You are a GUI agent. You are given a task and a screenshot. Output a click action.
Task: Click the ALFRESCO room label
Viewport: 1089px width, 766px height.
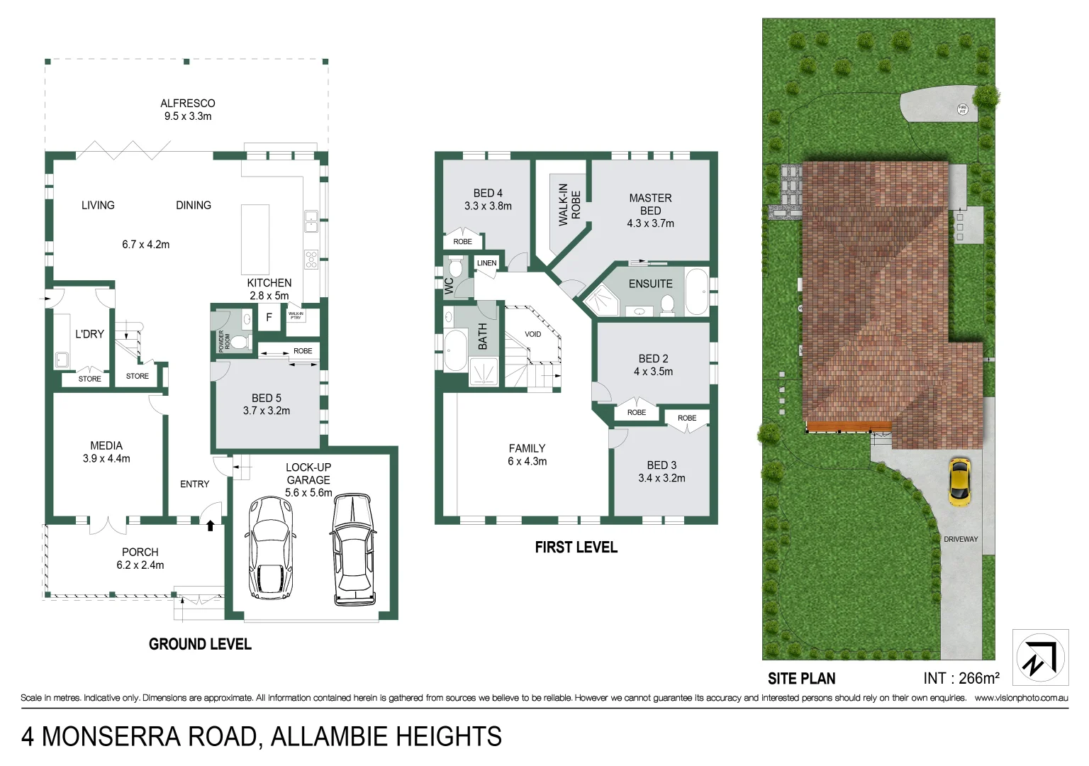click(x=187, y=104)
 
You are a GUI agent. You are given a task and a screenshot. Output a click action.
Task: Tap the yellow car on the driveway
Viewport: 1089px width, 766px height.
click(x=959, y=482)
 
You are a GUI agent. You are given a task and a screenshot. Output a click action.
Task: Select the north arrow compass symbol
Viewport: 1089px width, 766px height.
click(x=1040, y=657)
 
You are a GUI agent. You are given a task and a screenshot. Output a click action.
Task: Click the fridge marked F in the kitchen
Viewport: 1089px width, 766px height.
click(x=269, y=318)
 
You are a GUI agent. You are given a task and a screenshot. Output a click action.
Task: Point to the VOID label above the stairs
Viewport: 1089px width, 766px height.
click(x=532, y=334)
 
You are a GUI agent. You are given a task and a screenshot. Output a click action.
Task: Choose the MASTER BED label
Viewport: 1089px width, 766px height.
click(x=650, y=204)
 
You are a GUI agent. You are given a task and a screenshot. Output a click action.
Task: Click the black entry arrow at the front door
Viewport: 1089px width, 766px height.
click(x=210, y=526)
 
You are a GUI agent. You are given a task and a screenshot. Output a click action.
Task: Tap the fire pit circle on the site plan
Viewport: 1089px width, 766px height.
click(x=963, y=109)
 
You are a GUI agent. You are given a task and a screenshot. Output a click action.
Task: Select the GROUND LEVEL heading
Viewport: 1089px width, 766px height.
click(x=200, y=644)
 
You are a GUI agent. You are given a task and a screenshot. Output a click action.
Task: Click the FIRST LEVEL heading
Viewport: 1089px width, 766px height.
click(x=576, y=548)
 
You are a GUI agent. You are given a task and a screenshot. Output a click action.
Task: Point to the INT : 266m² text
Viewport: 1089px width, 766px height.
click(x=961, y=678)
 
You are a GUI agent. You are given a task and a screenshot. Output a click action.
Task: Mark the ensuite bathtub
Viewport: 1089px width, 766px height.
click(x=696, y=292)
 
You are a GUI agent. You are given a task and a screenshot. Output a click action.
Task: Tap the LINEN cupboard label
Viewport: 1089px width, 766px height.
click(x=486, y=263)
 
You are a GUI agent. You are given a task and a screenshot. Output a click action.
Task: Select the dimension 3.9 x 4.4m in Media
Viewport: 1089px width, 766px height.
click(x=106, y=459)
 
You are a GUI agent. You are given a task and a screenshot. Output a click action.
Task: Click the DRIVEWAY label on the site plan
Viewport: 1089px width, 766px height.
click(x=960, y=539)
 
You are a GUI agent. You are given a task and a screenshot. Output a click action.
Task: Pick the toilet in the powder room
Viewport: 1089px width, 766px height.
click(x=241, y=343)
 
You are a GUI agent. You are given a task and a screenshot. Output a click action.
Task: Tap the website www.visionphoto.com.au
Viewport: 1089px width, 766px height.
click(x=1021, y=698)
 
